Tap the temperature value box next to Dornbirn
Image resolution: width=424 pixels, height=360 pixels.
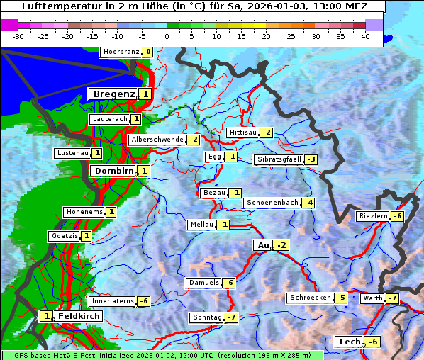[144, 171]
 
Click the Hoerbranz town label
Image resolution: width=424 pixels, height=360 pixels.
[121, 52]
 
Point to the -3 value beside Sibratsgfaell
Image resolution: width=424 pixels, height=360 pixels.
[311, 159]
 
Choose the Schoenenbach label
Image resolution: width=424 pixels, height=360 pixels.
[272, 203]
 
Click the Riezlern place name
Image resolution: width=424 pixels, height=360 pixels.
[373, 216]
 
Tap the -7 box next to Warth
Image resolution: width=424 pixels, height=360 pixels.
[392, 298]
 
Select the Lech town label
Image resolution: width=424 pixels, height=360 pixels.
[349, 342]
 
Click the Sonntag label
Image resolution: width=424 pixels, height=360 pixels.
[207, 317]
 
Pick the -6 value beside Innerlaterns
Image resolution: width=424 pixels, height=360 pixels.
[143, 301]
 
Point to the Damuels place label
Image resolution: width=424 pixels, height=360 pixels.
[203, 283]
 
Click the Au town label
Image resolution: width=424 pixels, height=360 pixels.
[262, 245]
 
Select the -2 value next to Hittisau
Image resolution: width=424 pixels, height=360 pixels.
[266, 133]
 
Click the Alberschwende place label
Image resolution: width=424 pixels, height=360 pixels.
[157, 140]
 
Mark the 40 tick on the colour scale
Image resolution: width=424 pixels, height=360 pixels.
[365, 35]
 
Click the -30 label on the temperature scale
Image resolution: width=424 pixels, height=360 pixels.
[18, 35]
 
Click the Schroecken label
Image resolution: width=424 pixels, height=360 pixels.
[311, 298]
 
